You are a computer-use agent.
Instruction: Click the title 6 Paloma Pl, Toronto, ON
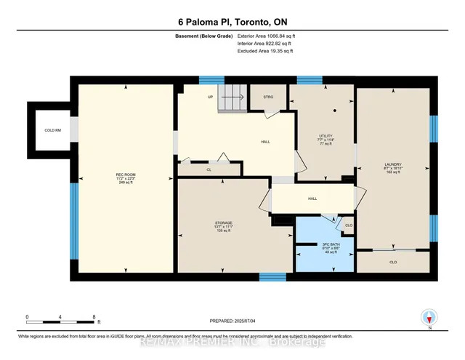click(232, 22)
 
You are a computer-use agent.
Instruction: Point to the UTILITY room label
click(325, 136)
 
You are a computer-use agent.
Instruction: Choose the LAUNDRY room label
click(394, 165)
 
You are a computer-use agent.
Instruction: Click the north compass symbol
click(429, 317)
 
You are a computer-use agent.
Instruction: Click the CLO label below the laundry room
click(393, 261)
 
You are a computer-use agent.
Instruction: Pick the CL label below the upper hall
click(209, 169)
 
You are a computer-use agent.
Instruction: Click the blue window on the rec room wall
click(73, 219)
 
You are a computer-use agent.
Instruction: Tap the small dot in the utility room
click(335, 111)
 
